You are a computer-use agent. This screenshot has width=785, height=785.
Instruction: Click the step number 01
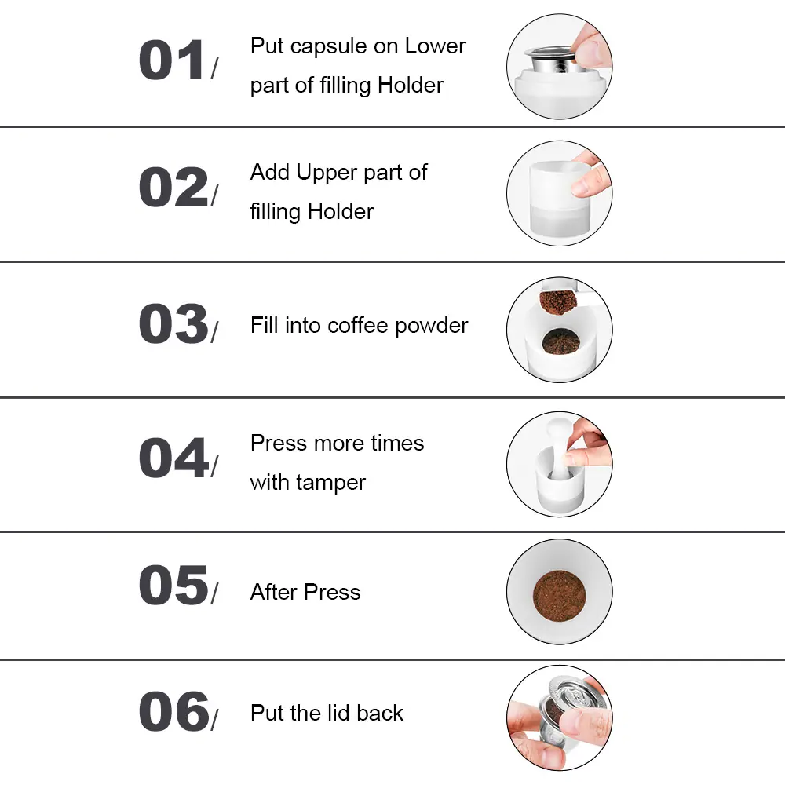click(172, 60)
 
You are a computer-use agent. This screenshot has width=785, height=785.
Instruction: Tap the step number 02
click(173, 187)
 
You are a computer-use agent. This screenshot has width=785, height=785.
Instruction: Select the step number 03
click(173, 323)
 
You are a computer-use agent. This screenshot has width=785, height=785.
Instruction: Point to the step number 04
click(173, 458)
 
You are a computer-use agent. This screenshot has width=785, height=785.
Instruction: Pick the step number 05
click(173, 585)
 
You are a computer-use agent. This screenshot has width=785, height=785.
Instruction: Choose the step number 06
click(173, 711)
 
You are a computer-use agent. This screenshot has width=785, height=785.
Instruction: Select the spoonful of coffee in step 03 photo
click(557, 302)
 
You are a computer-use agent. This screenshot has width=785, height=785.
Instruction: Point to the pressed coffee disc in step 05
click(559, 595)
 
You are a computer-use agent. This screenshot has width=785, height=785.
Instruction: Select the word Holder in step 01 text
click(411, 85)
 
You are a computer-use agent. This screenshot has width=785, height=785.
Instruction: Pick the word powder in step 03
click(432, 327)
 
